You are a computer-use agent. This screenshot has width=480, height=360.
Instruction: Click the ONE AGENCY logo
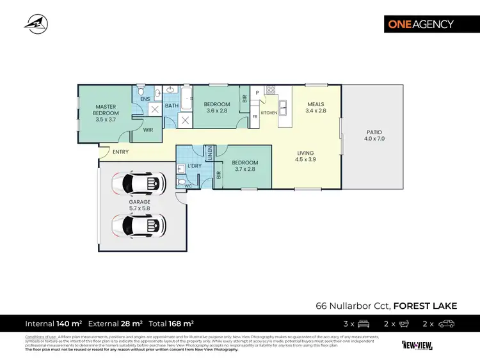(x=420, y=24)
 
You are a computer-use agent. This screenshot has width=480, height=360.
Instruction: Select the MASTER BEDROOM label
(x=106, y=113)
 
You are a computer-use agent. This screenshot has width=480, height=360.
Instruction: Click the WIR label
(x=148, y=130)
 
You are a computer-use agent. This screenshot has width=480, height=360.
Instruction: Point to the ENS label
(x=145, y=99)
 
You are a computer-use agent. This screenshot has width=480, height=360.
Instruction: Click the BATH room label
(x=172, y=106)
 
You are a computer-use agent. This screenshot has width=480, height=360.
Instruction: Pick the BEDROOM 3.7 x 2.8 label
(x=244, y=166)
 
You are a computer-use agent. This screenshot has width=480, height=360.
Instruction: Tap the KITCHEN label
(x=268, y=113)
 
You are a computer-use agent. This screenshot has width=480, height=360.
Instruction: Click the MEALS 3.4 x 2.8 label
(x=316, y=107)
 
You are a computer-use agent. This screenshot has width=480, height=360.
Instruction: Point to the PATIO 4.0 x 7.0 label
(x=374, y=135)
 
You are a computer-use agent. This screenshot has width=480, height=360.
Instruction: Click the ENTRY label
(x=120, y=152)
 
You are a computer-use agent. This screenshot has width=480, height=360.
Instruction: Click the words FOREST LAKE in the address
(x=425, y=306)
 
